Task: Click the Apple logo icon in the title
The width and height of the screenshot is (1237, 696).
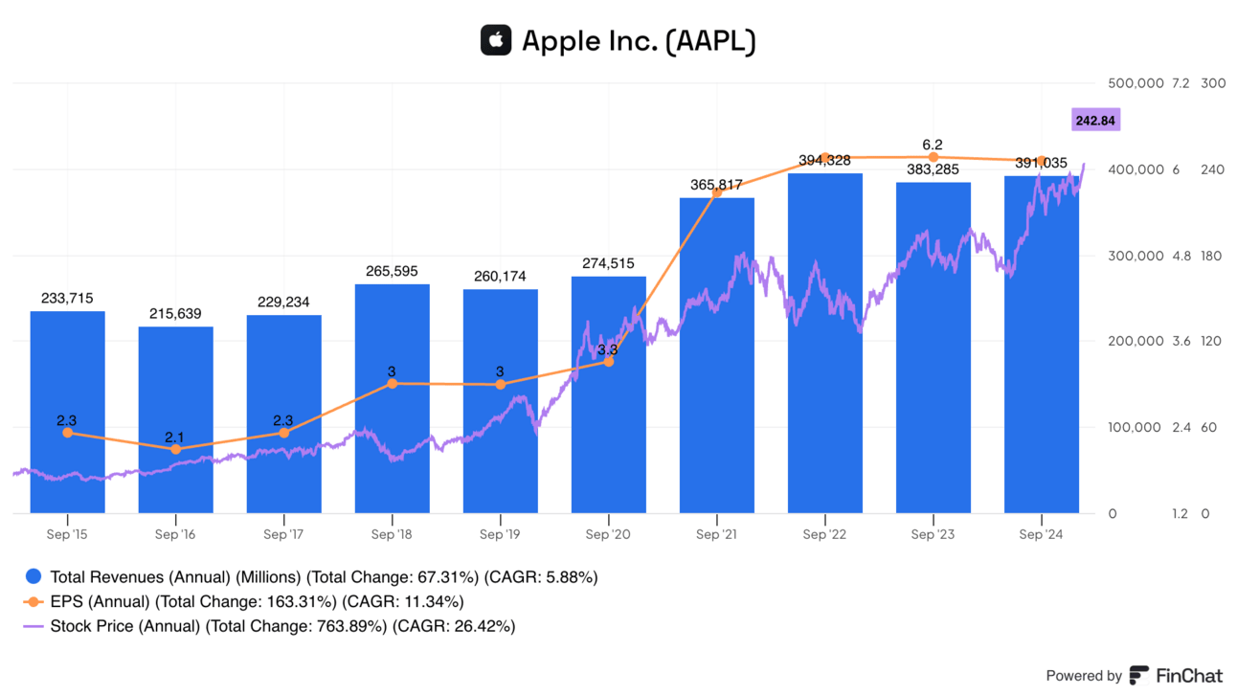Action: coord(496,40)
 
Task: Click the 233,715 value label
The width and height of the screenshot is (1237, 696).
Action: coord(67,299)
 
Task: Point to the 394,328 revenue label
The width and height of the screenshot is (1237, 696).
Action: coord(824,161)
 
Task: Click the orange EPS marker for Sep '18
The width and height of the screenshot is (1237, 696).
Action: coord(392,383)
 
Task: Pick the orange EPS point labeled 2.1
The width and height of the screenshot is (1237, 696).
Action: coord(175,449)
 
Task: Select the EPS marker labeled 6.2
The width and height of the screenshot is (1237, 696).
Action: coord(933,157)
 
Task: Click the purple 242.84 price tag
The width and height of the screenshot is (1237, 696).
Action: coord(1096,121)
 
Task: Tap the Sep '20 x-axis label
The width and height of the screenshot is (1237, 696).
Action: coord(608,534)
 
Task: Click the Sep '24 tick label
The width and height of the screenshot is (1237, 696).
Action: coord(1041,534)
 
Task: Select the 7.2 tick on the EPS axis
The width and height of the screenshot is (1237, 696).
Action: coord(1180,83)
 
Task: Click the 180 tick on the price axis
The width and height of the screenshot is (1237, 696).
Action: coord(1212,256)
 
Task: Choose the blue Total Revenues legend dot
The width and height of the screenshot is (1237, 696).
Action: coord(34,576)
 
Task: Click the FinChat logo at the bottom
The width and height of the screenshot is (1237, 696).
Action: coord(1176,675)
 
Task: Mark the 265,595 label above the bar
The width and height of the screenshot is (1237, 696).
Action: coord(392,272)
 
